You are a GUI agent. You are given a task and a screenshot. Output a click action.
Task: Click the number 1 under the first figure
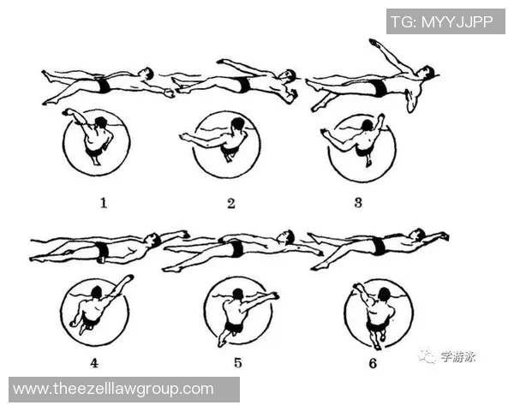pyautogui.click(x=104, y=203)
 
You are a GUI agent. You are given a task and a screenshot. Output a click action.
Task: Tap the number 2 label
pyautogui.click(x=231, y=204)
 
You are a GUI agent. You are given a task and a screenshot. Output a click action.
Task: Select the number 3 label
pyautogui.click(x=358, y=203)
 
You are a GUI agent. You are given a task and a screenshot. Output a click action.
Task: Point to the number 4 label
pyautogui.click(x=94, y=363)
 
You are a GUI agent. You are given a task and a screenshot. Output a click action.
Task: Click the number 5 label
pyautogui.click(x=238, y=362)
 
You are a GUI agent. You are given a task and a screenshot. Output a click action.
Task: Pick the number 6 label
pyautogui.click(x=373, y=363)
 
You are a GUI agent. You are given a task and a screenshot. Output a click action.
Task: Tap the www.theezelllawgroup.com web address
pyautogui.click(x=113, y=389)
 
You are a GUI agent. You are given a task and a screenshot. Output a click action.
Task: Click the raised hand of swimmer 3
pyautogui.click(x=374, y=42)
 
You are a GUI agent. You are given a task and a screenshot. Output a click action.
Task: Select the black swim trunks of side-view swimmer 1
pyautogui.click(x=104, y=85)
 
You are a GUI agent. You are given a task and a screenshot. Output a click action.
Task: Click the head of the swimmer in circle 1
pyautogui.click(x=100, y=123)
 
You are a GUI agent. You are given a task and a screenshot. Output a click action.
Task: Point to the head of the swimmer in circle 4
pyautogui.click(x=97, y=292)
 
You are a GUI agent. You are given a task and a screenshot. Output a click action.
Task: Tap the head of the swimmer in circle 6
pyautogui.click(x=384, y=294)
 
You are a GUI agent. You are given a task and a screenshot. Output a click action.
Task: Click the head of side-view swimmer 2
pyautogui.click(x=289, y=75)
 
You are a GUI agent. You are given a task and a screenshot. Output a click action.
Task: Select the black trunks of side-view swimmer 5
pyautogui.click(x=236, y=248)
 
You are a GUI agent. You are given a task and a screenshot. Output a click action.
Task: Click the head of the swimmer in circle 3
pyautogui.click(x=367, y=126)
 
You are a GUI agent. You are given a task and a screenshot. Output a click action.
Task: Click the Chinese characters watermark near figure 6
pyautogui.click(x=457, y=356)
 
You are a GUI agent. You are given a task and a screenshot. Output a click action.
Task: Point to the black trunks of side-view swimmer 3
pyautogui.click(x=380, y=88)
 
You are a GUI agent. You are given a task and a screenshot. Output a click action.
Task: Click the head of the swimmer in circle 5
pyautogui.click(x=237, y=294)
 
